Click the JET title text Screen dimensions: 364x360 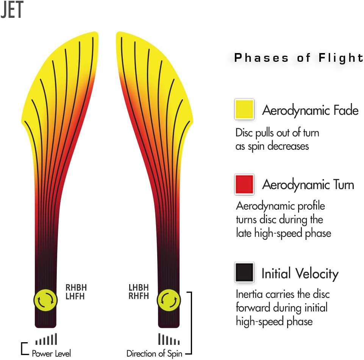pyautogui.click(x=12, y=9)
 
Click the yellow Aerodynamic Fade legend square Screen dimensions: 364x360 pyautogui.click(x=244, y=109)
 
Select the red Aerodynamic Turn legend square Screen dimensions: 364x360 pyautogui.click(x=244, y=184)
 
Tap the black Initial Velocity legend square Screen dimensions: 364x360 pyautogui.click(x=244, y=272)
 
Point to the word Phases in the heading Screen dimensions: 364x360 pyautogui.click(x=261, y=58)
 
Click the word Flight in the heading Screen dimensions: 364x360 pyautogui.click(x=341, y=58)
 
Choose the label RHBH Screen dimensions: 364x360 pyautogui.click(x=76, y=288)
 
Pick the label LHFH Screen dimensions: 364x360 pyautogui.click(x=75, y=296)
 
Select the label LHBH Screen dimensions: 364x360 pyautogui.click(x=139, y=288)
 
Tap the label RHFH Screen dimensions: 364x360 pyautogui.click(x=139, y=296)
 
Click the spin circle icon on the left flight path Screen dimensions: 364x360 pyautogui.click(x=45, y=300)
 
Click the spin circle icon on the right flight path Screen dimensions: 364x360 pyautogui.click(x=169, y=300)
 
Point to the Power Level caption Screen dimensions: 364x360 pyautogui.click(x=51, y=354)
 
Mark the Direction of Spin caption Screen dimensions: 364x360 pyautogui.click(x=155, y=354)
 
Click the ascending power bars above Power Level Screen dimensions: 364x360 pyautogui.click(x=46, y=339)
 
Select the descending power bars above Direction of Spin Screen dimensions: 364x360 pyautogui.click(x=169, y=339)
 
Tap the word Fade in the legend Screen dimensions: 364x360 pyautogui.click(x=346, y=110)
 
